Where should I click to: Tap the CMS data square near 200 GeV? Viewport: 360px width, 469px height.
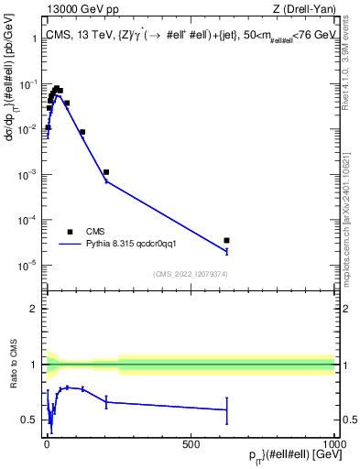point(106,172)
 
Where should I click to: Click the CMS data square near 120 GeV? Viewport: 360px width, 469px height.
point(82,132)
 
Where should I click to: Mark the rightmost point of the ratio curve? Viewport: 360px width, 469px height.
point(226,409)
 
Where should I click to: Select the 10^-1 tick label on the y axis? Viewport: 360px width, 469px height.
point(28,83)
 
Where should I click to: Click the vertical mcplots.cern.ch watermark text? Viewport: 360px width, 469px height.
point(352,183)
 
